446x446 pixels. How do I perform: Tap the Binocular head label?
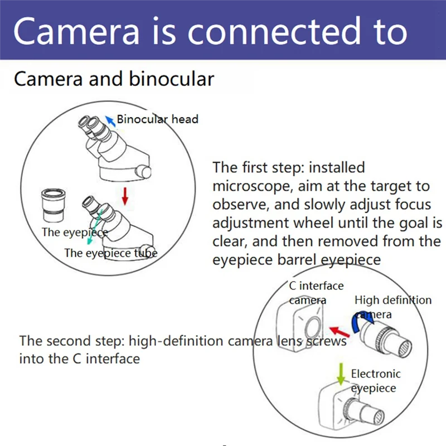157,119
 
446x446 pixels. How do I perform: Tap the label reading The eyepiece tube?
110,253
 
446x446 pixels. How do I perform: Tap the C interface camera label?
316,293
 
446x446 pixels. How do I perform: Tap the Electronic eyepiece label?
375,381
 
